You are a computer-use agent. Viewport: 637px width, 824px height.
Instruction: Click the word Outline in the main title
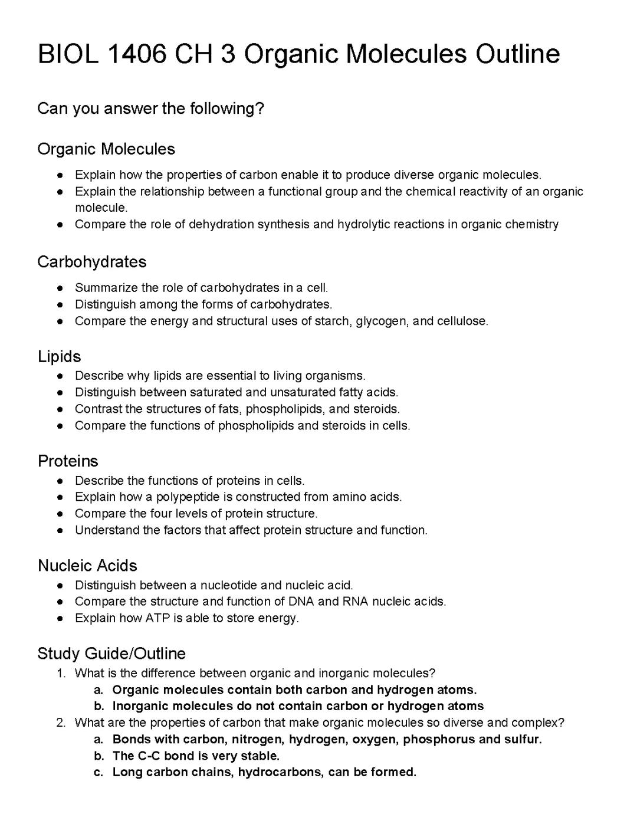point(517,54)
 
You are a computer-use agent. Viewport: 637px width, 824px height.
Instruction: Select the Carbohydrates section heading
point(91,262)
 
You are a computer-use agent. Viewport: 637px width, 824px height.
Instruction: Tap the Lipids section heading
point(59,356)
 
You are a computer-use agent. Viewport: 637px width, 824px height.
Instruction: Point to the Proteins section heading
point(68,461)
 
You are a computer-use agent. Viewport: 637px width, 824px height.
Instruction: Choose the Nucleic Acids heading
point(87,566)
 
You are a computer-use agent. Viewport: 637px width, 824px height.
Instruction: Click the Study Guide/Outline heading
point(111,654)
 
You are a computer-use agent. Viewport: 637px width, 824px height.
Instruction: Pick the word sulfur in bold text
point(523,739)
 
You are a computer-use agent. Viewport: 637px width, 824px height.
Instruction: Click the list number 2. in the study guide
point(61,723)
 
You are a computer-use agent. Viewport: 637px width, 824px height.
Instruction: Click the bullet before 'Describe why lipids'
point(61,376)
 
